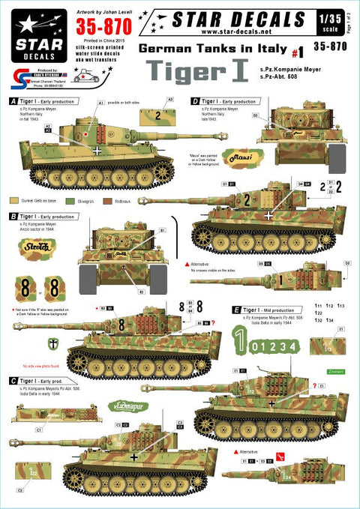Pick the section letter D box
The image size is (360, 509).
(194, 100)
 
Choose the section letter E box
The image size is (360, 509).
(236, 308)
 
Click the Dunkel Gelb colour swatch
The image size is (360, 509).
(16, 201)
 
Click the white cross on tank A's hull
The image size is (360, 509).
(99, 149)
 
